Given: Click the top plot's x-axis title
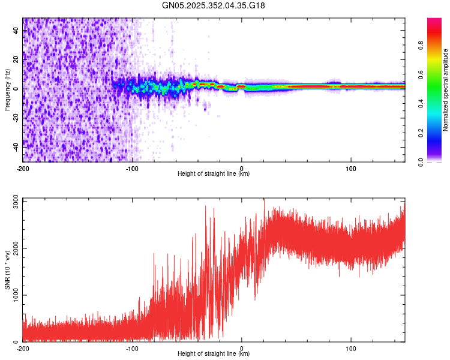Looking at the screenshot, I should [x=214, y=173].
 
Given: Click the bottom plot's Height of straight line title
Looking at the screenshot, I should [x=214, y=353].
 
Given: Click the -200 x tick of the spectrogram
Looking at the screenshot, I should [x=23, y=167].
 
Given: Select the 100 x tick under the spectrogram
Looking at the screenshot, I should [x=351, y=167].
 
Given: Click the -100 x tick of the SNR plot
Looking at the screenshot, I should [x=132, y=347].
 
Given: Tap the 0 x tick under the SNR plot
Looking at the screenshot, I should [x=242, y=347].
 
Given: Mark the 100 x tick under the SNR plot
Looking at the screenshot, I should [x=351, y=347].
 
